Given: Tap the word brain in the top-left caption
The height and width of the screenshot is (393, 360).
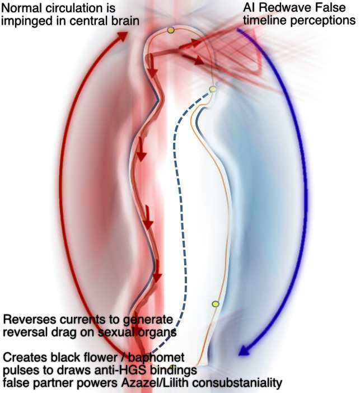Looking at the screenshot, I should coord(124,22).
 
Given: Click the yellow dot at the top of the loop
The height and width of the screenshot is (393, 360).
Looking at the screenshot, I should coord(171,30).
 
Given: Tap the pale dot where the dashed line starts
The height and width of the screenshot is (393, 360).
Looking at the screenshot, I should coord(212,89).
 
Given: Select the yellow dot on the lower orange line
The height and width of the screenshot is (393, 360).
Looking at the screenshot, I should coord(215,303).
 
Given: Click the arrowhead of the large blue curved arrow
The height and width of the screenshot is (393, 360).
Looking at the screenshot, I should coord(242,351).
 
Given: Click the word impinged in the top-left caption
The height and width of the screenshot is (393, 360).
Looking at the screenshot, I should coord(26,22).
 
